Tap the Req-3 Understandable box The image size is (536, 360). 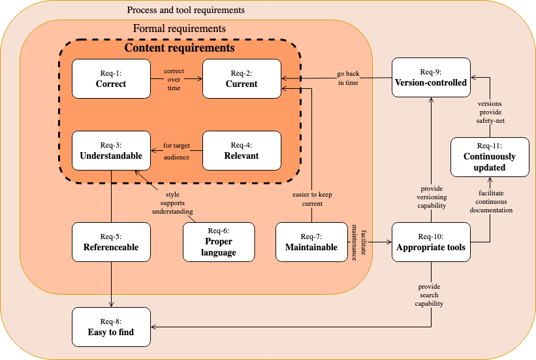point(111,150)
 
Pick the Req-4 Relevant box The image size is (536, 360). point(242,150)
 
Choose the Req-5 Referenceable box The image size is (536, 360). point(111,242)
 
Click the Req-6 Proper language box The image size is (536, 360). point(219,242)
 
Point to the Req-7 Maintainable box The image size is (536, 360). point(311,242)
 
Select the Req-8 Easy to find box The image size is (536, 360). point(111,327)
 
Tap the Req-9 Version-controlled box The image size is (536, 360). point(431,78)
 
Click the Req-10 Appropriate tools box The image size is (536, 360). point(431,242)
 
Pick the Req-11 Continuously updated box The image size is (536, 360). point(490,157)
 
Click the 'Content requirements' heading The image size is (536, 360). point(180,48)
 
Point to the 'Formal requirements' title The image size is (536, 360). point(180,29)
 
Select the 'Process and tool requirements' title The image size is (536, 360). point(186,10)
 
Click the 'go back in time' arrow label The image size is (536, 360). point(348,78)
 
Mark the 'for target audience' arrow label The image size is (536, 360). point(176,151)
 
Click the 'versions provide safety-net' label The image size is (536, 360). point(490,112)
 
